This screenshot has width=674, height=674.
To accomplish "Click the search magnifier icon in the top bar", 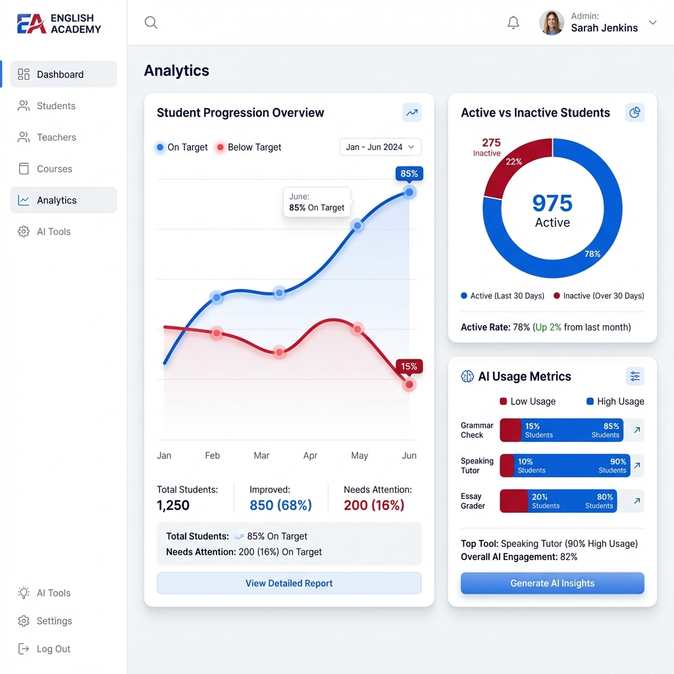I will [x=151, y=23].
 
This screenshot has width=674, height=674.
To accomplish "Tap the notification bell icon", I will [x=513, y=23].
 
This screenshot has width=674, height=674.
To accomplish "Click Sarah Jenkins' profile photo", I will [x=552, y=22].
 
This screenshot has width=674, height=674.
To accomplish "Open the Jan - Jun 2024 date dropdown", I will [x=380, y=147].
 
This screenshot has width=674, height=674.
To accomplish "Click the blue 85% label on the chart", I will [x=409, y=174].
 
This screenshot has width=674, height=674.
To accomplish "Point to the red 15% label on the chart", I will [x=409, y=367].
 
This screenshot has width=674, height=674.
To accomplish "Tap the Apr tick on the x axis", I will [x=310, y=455].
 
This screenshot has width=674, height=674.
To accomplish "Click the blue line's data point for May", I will [x=357, y=226].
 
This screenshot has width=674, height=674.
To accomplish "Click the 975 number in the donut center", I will [x=552, y=203].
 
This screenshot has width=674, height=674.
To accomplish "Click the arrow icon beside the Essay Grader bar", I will [x=636, y=501].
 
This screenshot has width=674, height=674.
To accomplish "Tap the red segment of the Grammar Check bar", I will [x=510, y=430].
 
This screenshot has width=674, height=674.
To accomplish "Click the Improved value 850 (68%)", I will [x=280, y=505].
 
